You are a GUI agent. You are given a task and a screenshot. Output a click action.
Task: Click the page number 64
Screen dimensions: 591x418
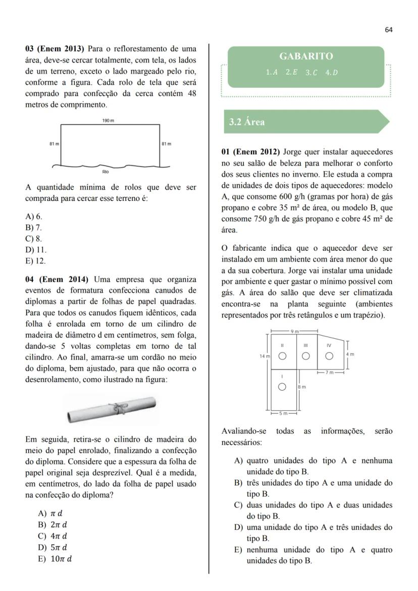click(x=388, y=30)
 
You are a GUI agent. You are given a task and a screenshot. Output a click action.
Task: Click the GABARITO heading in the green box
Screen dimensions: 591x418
click(x=306, y=57)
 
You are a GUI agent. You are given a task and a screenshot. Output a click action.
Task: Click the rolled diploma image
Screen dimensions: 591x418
click(x=112, y=409)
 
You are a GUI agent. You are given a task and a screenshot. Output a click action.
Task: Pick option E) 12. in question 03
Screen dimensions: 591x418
click(x=36, y=261)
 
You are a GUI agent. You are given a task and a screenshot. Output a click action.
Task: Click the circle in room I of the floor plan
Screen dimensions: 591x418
click(x=283, y=387)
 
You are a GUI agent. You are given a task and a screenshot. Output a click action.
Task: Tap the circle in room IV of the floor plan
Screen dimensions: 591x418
click(x=329, y=356)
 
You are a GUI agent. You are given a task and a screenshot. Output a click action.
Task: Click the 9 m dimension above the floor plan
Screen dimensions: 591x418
click(x=294, y=331)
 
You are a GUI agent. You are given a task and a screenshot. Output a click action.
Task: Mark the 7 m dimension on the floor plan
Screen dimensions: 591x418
click(x=330, y=372)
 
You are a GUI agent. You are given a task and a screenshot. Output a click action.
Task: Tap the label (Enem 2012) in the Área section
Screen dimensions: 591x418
click(x=256, y=152)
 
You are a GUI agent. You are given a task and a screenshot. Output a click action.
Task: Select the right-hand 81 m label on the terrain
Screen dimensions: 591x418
click(x=166, y=144)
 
